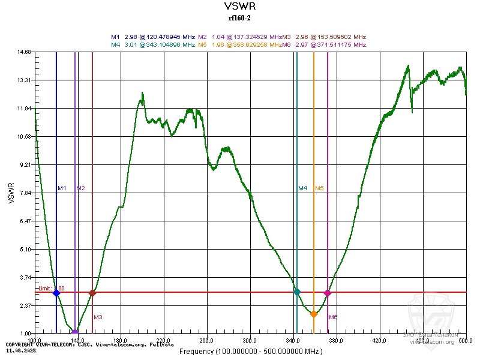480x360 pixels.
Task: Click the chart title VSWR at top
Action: tap(239, 7)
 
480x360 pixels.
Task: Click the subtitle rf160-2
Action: tap(239, 18)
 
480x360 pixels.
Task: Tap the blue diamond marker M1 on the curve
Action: tap(56, 293)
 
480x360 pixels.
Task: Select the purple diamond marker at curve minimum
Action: tap(75, 332)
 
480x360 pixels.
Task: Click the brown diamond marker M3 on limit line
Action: tap(92, 293)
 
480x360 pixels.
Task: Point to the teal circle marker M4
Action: tap(296, 292)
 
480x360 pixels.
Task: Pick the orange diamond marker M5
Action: tap(313, 314)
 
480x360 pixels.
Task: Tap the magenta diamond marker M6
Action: tap(328, 293)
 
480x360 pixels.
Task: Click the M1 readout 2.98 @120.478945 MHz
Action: tap(154, 37)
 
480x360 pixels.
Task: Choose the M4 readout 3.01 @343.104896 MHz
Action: tap(153, 44)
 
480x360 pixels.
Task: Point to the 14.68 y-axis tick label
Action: tap(25, 52)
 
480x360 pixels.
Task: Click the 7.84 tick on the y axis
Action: tap(25, 193)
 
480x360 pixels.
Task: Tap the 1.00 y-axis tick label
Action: tap(25, 334)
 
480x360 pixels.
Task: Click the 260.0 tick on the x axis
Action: tap(207, 340)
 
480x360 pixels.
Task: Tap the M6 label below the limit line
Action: tap(333, 317)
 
